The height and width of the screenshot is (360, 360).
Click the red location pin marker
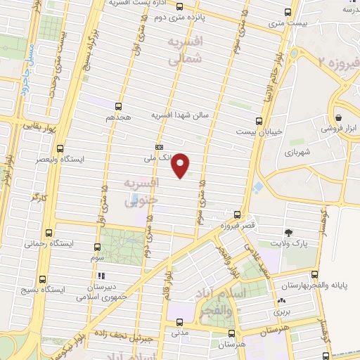pyautogui.click(x=181, y=165)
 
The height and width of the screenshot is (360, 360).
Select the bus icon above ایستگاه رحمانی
pyautogui.click(x=49, y=233)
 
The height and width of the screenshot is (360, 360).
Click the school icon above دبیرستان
pyautogui.click(x=101, y=276)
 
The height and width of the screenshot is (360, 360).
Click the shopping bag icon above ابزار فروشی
pyautogui.click(x=339, y=117)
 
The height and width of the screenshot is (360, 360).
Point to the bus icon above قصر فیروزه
pyautogui.click(x=237, y=216)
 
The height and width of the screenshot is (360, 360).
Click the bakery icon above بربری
pyautogui.click(x=281, y=300)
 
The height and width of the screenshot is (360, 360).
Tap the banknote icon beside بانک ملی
pyautogui.click(x=160, y=146)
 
